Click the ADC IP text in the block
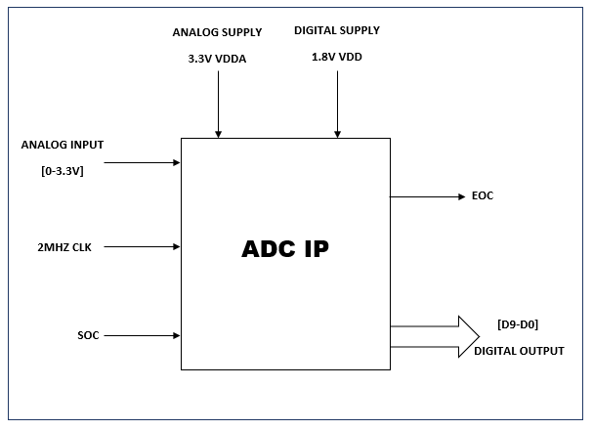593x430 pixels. [285, 248]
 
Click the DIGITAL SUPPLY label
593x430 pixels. [337, 31]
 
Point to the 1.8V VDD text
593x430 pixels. [338, 59]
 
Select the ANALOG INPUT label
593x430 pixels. [63, 145]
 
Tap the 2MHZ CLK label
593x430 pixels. [52, 247]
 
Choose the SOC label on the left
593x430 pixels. [89, 335]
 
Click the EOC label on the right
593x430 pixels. [483, 196]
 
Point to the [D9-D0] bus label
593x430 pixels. [519, 324]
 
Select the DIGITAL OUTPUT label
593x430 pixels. [519, 350]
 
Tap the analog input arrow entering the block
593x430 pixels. [142, 162]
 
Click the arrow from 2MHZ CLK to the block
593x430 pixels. [142, 247]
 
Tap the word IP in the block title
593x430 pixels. [314, 248]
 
